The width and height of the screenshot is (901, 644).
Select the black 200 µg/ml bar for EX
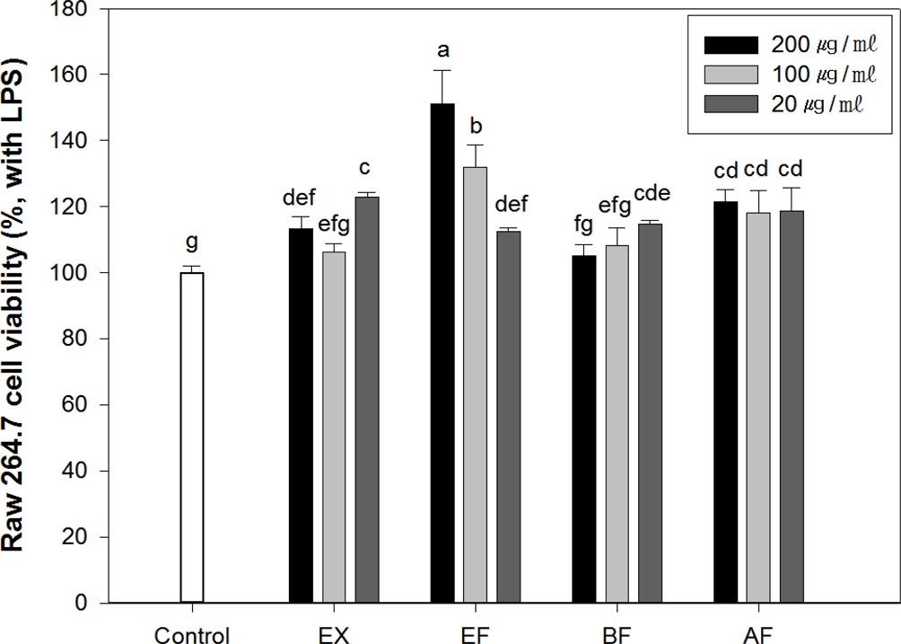click(302, 415)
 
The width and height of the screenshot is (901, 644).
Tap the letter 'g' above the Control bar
click(191, 243)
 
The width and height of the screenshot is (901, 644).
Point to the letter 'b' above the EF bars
click(476, 123)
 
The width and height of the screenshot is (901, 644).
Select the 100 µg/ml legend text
click(819, 73)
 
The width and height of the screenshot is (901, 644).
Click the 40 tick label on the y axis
click(83, 472)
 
